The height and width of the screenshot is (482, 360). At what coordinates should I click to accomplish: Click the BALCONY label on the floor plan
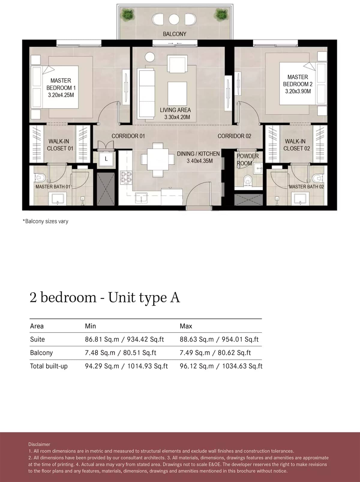[x=174, y=34]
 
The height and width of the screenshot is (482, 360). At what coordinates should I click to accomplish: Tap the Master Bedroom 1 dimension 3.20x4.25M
[x=61, y=95]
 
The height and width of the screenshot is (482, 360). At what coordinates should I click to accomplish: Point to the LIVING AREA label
[x=175, y=110]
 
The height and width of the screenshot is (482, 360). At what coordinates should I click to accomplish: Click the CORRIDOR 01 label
[x=128, y=136]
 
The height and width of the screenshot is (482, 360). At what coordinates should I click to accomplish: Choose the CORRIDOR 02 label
[x=234, y=136]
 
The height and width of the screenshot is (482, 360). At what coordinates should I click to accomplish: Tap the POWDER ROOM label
[x=247, y=160]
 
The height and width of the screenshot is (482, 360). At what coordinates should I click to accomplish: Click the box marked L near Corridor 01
[x=106, y=159]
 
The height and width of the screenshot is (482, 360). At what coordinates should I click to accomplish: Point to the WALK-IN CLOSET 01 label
[x=60, y=145]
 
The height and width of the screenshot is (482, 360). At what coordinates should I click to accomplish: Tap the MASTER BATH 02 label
[x=306, y=187]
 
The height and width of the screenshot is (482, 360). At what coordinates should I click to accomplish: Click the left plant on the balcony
[x=128, y=14]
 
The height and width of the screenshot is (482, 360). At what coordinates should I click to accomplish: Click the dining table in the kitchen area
[x=158, y=159]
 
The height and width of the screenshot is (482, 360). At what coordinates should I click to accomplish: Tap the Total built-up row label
[x=49, y=366]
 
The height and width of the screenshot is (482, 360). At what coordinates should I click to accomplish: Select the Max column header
[x=186, y=326]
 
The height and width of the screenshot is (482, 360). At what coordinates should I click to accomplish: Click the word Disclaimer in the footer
[x=39, y=444]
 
